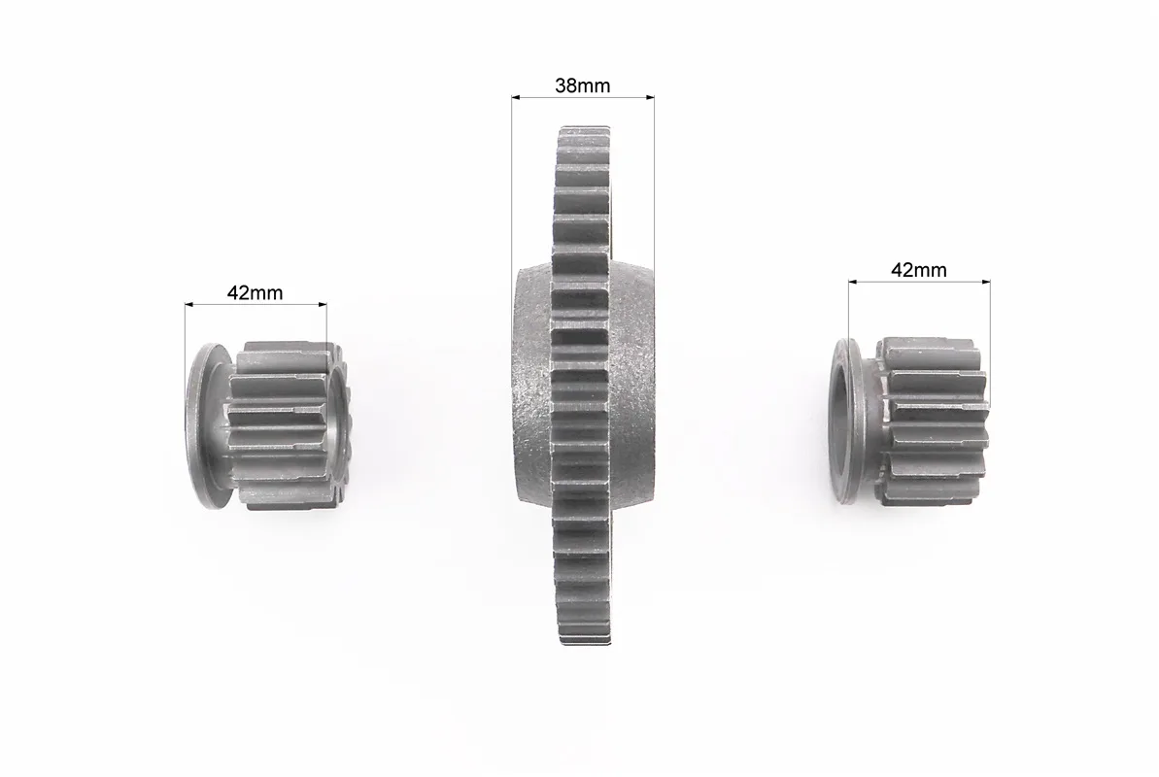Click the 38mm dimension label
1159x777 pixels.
pyautogui.click(x=583, y=85)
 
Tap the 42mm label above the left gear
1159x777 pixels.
pyautogui.click(x=255, y=293)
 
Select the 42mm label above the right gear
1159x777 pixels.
pyautogui.click(x=919, y=271)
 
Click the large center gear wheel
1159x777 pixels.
pyautogui.click(x=583, y=386)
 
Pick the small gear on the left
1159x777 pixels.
pyautogui.click(x=267, y=426)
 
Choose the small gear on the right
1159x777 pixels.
pyautogui.click(x=910, y=422)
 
